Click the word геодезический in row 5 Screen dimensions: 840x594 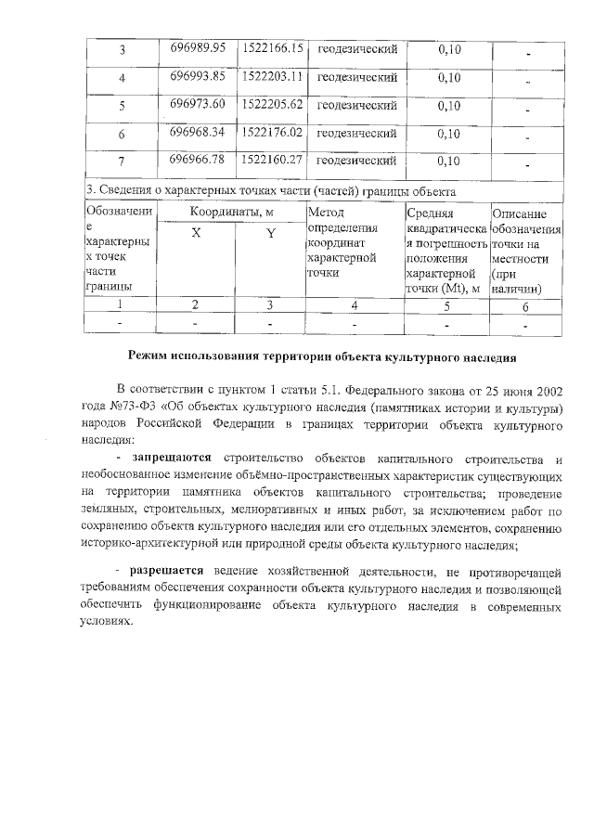(357, 105)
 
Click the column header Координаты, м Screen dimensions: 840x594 (232, 213)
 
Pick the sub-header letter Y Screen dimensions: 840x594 (270, 234)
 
